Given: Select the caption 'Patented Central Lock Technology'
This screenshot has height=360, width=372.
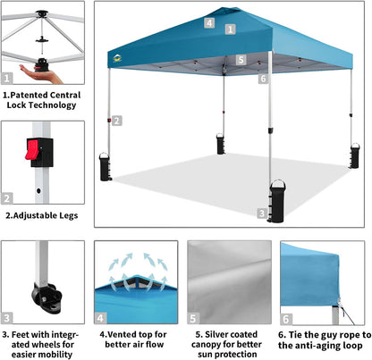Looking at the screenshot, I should pyautogui.click(x=44, y=98).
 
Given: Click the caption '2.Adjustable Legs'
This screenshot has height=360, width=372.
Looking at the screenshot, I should pyautogui.click(x=42, y=215).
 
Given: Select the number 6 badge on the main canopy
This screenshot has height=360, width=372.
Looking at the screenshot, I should pyautogui.click(x=263, y=79).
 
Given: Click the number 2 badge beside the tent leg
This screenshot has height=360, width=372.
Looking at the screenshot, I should pyautogui.click(x=117, y=121).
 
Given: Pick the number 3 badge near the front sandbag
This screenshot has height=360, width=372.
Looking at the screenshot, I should pyautogui.click(x=261, y=213).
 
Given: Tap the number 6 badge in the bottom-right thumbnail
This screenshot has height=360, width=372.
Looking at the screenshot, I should pyautogui.click(x=286, y=317).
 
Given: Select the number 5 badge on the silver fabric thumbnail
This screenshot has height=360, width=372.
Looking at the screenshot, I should pyautogui.click(x=195, y=317).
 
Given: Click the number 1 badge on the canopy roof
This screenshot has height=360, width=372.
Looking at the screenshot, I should pyautogui.click(x=231, y=29).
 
